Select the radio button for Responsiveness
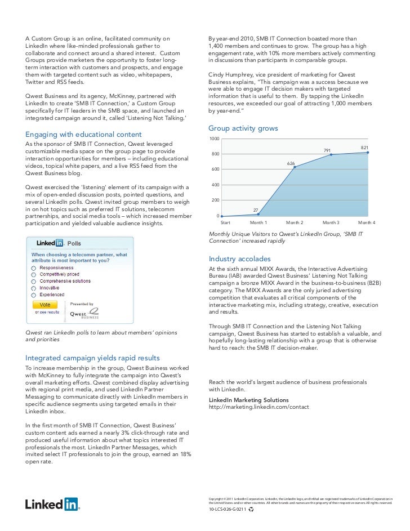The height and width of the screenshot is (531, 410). tap(34, 268)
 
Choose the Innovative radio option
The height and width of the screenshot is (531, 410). tap(34, 287)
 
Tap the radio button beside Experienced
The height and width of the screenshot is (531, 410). tap(34, 294)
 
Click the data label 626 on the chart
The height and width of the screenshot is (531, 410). tap(291, 163)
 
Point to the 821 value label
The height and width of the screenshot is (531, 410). tap(364, 148)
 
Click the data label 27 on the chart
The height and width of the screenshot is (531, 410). tap(255, 210)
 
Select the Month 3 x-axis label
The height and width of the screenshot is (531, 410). tap(331, 223)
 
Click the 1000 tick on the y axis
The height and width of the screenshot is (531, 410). tap(214, 139)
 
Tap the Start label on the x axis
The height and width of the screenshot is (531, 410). tap(225, 223)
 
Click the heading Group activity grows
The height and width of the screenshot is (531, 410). tap(243, 129)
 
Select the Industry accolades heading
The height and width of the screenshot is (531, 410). tap(239, 259)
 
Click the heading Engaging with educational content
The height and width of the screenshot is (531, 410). tap(83, 135)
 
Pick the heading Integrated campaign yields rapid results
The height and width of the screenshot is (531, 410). tap(93, 358)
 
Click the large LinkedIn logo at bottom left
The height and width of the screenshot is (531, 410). tap(52, 503)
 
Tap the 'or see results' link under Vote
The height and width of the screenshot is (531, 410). tap(47, 311)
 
